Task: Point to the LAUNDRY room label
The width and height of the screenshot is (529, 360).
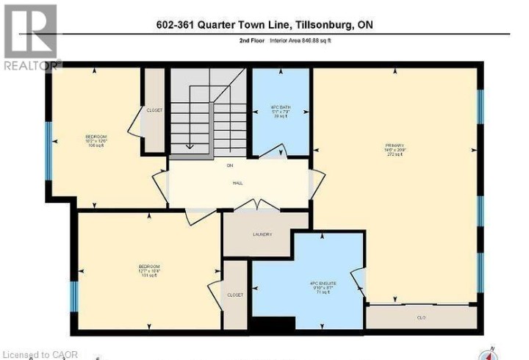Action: click(x=262, y=234)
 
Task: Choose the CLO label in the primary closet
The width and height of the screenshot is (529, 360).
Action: click(x=420, y=317)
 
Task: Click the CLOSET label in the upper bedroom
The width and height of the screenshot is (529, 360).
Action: click(x=154, y=110)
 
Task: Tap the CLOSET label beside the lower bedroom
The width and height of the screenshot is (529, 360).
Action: click(x=235, y=294)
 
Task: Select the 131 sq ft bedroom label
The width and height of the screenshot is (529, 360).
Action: click(x=149, y=270)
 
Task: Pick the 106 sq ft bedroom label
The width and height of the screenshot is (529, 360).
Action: click(x=96, y=140)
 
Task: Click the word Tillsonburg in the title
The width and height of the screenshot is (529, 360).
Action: click(x=319, y=26)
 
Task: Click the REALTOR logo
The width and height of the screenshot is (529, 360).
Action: click(x=29, y=37)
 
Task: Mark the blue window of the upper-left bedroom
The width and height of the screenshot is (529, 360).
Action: click(x=48, y=151)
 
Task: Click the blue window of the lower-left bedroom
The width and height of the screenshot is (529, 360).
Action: click(x=73, y=295)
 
